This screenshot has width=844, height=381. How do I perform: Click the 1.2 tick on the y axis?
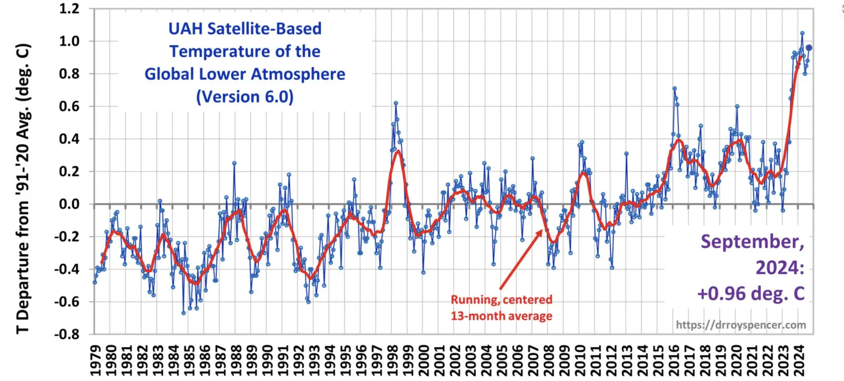click(69, 8)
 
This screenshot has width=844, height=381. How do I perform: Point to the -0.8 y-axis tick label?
click(67, 334)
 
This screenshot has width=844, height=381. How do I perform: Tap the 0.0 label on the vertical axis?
click(69, 204)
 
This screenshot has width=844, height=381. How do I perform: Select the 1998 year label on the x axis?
click(392, 360)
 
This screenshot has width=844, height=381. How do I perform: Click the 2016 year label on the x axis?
click(674, 360)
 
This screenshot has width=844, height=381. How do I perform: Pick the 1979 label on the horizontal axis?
click(95, 360)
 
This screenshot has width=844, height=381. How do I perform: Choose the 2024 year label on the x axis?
click(799, 360)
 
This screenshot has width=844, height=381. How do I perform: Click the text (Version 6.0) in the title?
click(245, 97)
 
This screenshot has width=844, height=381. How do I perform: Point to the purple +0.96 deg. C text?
click(751, 293)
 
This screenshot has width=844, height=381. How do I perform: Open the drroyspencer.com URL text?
click(741, 325)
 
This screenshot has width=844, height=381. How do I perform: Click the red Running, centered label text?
click(501, 300)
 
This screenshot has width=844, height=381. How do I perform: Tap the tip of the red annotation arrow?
click(542, 230)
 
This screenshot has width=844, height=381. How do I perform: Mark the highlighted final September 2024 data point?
click(809, 47)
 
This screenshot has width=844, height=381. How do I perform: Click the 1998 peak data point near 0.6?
click(396, 103)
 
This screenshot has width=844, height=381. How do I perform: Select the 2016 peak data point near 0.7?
click(674, 89)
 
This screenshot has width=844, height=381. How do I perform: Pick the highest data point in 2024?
click(802, 33)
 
